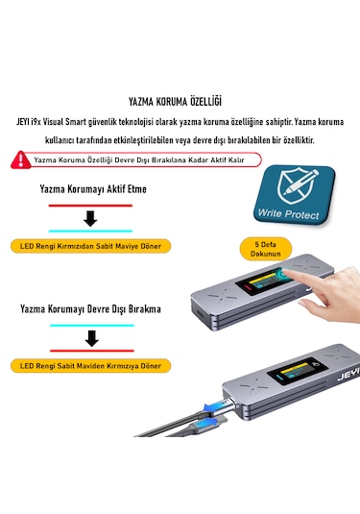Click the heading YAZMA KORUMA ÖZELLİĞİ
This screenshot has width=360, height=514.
180,100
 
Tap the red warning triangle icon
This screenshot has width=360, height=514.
19,160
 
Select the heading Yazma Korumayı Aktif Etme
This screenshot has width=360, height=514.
93,189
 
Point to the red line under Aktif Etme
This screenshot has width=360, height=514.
91,205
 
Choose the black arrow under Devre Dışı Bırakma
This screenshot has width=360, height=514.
91,338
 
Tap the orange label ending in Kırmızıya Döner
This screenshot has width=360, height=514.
87,366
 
